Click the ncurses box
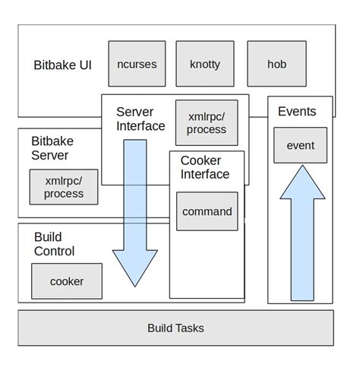137,64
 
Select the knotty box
205,64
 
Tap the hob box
277,64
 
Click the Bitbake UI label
63,65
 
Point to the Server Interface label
141,119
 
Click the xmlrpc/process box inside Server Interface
207,122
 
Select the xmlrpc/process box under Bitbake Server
64,187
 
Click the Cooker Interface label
204,167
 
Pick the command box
207,211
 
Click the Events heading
297,112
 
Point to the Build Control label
54,244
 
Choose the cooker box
67,281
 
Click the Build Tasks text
175,328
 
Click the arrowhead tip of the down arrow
134,286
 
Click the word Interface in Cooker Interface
204,174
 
